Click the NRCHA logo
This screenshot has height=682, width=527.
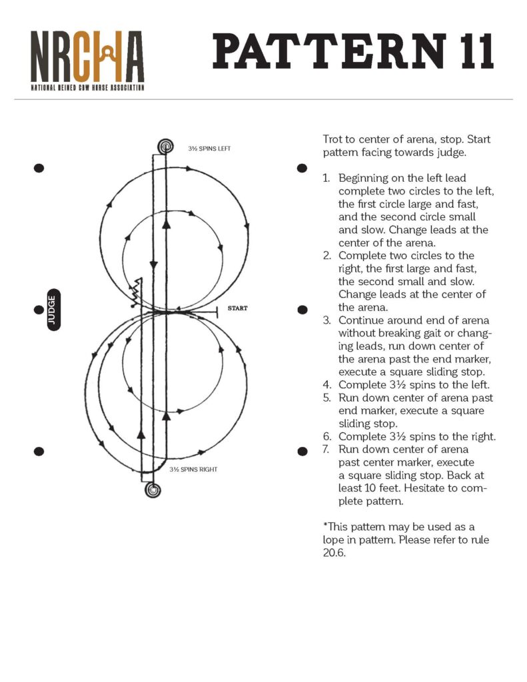87,56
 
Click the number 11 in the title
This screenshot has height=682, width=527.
469,51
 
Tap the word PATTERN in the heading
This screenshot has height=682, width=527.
329,51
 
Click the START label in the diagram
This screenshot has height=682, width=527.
237,308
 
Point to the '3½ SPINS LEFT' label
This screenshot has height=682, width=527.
209,149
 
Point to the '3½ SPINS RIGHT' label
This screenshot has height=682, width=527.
193,470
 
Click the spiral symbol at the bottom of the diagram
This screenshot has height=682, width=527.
153,491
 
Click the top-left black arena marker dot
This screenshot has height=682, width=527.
39,168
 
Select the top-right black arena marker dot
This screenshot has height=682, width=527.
302,168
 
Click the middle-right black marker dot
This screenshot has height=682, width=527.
302,310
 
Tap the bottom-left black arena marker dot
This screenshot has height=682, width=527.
39,452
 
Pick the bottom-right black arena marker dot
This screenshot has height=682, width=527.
302,452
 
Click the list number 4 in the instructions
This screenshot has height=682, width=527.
326,384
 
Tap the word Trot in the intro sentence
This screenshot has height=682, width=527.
332,140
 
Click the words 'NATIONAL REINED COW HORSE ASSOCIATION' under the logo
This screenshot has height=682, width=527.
87,87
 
